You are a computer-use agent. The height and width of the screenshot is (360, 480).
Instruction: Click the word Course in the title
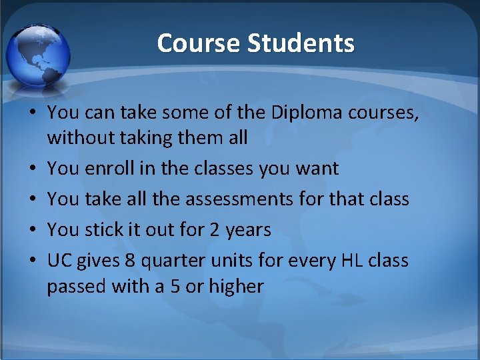click(x=199, y=43)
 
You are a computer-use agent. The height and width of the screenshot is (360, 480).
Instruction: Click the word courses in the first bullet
click(x=387, y=113)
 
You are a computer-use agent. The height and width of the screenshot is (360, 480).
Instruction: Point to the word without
click(x=79, y=138)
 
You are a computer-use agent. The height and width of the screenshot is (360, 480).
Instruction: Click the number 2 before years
click(x=214, y=229)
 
